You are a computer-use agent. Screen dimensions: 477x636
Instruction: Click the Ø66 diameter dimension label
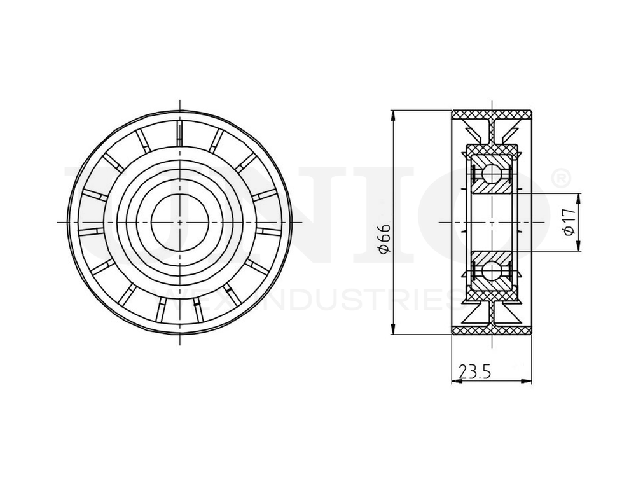tap(384, 240)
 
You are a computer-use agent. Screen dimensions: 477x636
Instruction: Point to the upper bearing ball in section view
tap(491, 173)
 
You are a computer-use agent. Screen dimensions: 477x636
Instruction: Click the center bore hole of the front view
tap(180, 221)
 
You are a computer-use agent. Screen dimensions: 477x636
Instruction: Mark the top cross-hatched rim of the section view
tap(492, 114)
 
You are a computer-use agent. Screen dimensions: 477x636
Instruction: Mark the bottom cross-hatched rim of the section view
tap(492, 331)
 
